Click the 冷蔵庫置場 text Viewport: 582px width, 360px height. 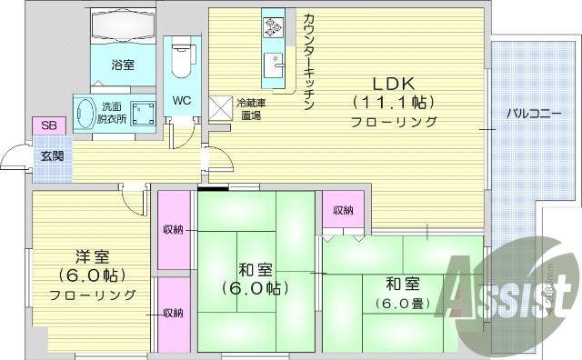point(249,109)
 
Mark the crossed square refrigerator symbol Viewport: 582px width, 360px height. point(222,108)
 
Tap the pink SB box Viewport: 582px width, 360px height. point(45,125)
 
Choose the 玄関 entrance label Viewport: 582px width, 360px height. point(50,155)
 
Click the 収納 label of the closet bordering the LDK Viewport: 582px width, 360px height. point(343,211)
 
